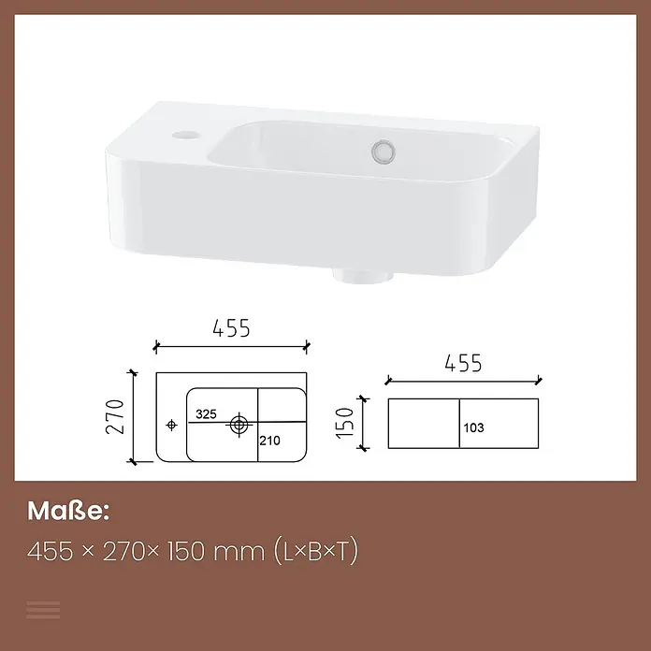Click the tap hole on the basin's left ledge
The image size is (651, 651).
point(186,135)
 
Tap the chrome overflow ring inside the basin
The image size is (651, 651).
point(383,152)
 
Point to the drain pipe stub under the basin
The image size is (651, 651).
point(363,277)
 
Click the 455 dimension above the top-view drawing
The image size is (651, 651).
point(231,328)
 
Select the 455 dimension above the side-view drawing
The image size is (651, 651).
point(463,363)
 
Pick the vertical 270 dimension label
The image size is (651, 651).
point(115,416)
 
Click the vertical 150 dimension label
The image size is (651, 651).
point(345,423)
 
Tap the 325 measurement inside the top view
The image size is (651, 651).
point(206,414)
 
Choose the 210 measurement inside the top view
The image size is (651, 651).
point(270,441)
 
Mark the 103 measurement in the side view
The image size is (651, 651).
point(473,427)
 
